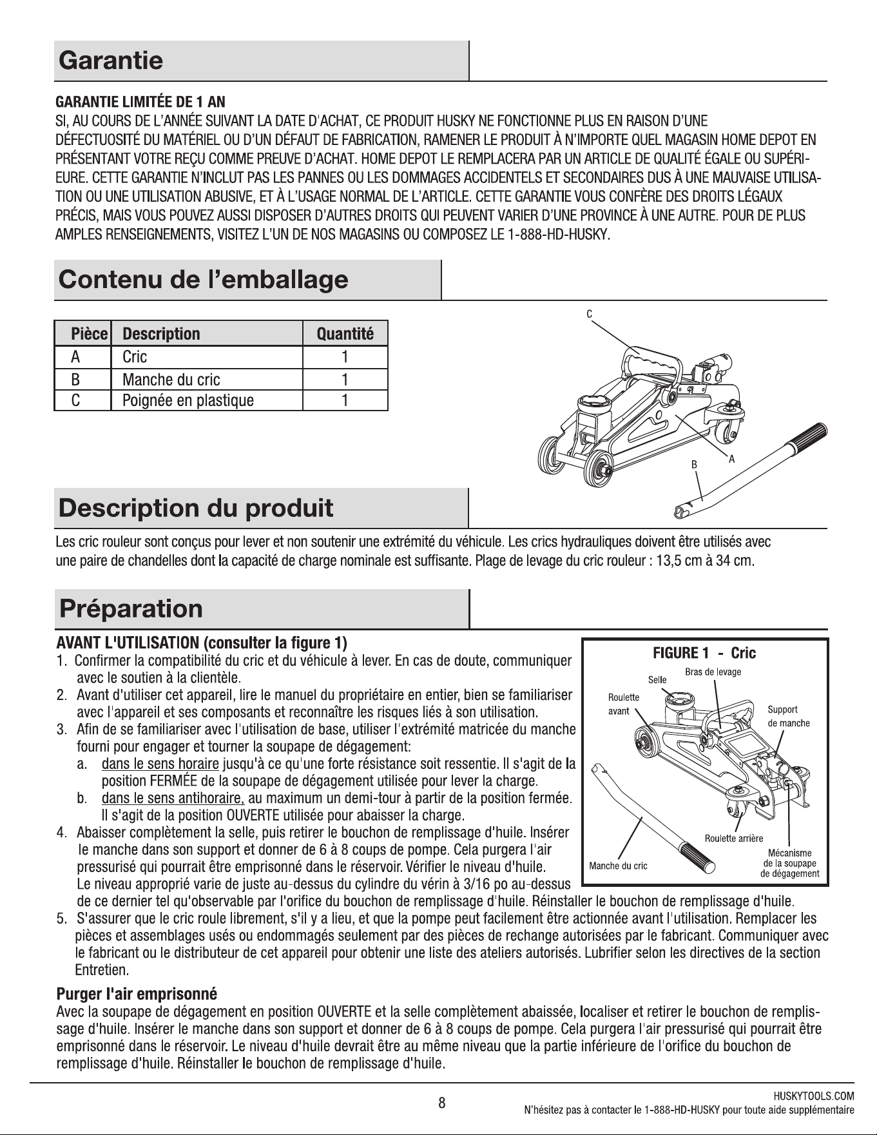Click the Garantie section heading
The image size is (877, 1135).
point(111,61)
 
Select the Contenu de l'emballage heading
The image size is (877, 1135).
point(203,280)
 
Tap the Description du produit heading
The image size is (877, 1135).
point(196,508)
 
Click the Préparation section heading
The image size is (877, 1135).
point(130,608)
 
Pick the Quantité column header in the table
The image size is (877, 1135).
point(345,334)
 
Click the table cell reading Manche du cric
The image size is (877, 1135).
point(171,379)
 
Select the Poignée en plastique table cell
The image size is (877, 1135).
point(188,400)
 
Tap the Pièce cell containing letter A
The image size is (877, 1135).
point(75,357)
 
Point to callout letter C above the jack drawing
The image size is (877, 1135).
point(589,314)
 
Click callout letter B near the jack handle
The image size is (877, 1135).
point(695,463)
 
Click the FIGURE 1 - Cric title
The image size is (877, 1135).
point(704,653)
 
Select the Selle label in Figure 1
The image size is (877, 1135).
point(657,679)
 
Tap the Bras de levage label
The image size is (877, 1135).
point(713,672)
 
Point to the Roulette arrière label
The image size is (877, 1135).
point(734,838)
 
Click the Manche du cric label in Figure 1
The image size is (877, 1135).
point(618,866)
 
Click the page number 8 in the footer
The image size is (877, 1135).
point(442,1103)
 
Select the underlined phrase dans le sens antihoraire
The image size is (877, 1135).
point(173,799)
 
